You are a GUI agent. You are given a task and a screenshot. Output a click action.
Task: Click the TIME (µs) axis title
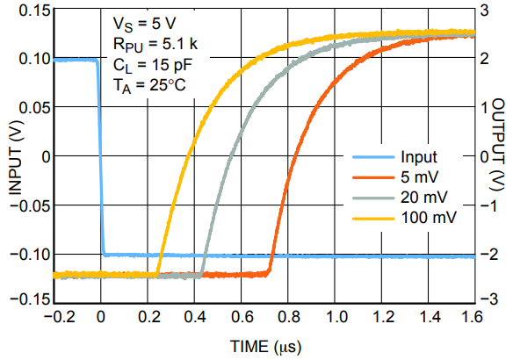pyautogui.click(x=265, y=347)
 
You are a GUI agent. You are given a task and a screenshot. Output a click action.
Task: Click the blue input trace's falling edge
pyautogui.click(x=99, y=158)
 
